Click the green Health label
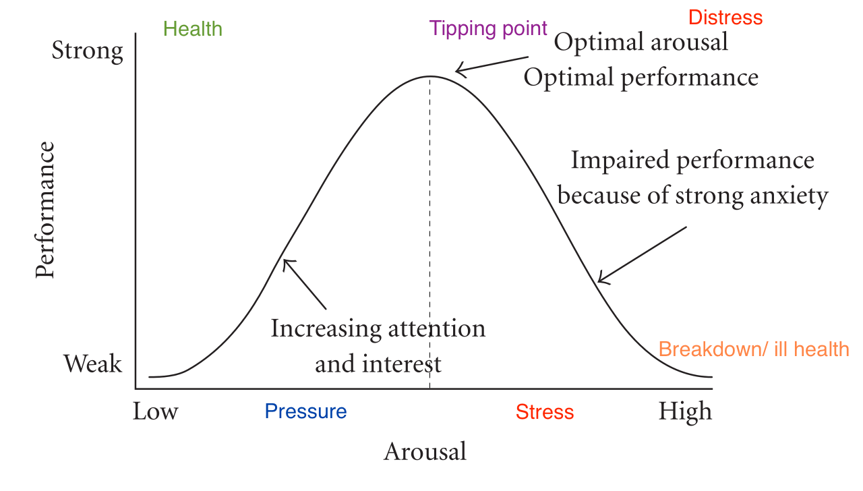click(192, 29)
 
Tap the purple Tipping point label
click(488, 28)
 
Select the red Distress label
click(725, 18)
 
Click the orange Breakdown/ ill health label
click(753, 349)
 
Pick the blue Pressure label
click(305, 411)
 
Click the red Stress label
click(545, 411)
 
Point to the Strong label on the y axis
click(88, 51)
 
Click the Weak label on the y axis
click(93, 364)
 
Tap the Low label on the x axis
click(155, 411)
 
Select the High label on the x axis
click(685, 411)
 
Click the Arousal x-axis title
click(425, 451)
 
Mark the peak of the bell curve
click(430, 76)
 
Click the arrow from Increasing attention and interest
click(304, 284)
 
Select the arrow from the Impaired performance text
click(642, 254)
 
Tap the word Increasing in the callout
click(318, 328)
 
